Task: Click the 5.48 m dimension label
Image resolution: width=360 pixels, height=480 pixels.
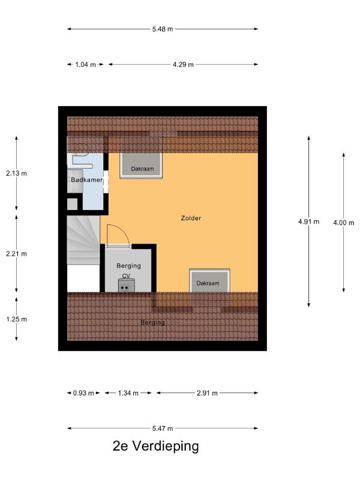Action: pos(163,29)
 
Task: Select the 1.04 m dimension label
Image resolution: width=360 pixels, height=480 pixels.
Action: pos(85,65)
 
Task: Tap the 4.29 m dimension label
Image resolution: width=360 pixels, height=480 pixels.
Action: pos(183,65)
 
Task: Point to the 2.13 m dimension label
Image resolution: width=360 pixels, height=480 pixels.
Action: pos(16,173)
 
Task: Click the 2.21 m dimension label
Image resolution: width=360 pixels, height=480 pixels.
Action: pos(16,254)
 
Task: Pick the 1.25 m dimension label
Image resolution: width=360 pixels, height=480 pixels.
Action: pos(16,319)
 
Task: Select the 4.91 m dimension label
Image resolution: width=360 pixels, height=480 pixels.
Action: pos(309,221)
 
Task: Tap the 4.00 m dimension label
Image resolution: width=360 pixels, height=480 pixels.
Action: pos(344,223)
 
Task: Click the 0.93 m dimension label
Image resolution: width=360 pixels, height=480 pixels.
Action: pos(83,393)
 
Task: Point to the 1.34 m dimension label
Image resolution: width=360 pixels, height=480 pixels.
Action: pos(128,393)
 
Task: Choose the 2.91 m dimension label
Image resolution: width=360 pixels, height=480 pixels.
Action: pos(207,393)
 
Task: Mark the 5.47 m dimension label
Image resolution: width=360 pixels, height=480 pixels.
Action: pos(163,428)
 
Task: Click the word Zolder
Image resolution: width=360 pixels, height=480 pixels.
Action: pos(191,218)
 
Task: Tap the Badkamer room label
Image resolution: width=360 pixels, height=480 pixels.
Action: pos(86,179)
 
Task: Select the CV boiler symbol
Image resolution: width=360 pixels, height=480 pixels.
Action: pos(127,286)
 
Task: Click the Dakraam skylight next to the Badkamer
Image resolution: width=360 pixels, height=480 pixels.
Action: pos(141,166)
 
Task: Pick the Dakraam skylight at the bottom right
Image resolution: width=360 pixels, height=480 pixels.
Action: pos(209,281)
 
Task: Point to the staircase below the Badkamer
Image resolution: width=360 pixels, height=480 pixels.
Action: pos(83,240)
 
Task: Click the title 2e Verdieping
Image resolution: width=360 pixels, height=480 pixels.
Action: pos(156,446)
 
